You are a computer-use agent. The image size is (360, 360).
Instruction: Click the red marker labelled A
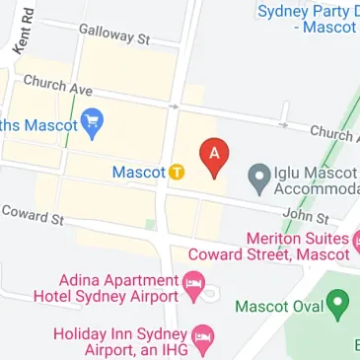tap(215, 156)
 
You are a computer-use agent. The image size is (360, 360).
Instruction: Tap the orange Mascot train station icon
tap(177, 172)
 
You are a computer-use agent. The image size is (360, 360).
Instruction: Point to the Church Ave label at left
tap(57, 86)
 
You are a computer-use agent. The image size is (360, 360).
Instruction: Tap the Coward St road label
tap(33, 214)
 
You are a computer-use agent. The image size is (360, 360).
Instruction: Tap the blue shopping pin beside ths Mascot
tap(94, 125)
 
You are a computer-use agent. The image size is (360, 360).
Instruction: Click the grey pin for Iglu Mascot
tap(259, 176)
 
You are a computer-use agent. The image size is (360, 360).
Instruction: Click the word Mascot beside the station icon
tap(138, 173)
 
